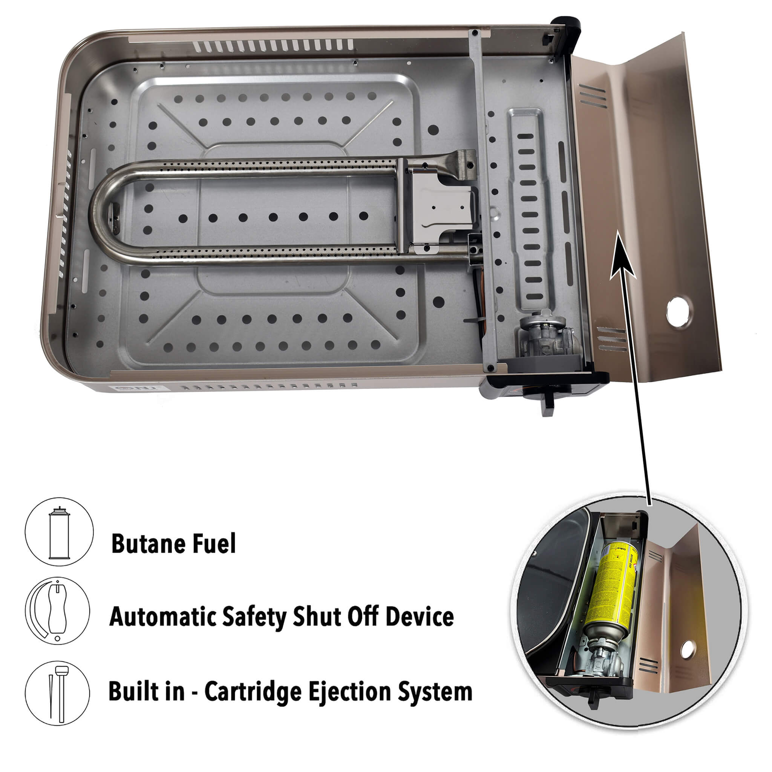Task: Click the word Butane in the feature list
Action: coord(147,544)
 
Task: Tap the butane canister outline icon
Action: coord(59,532)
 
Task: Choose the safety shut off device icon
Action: coord(58,611)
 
